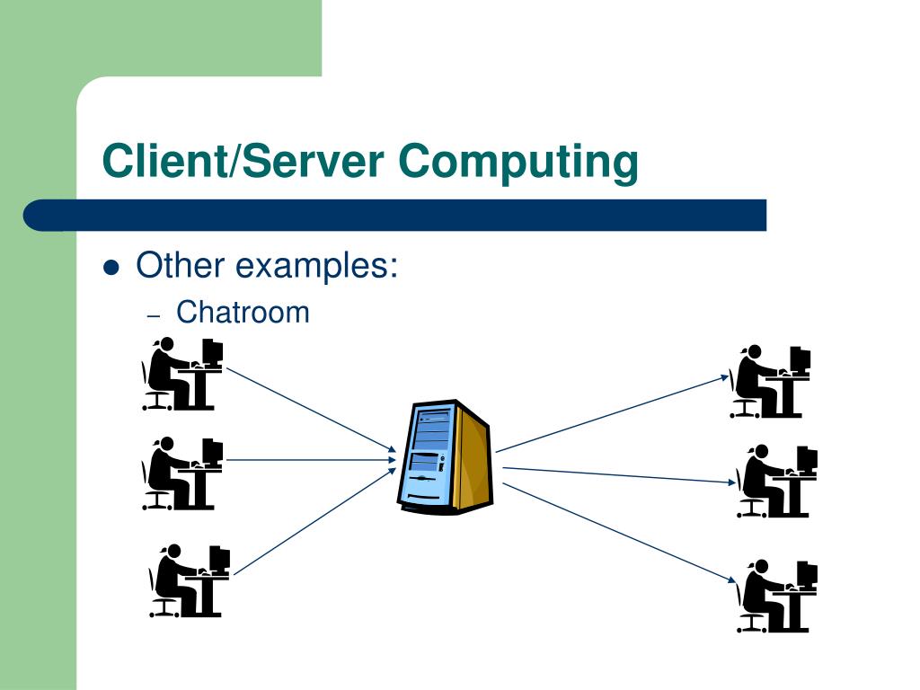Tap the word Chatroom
click(x=243, y=313)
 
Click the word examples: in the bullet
click(x=317, y=266)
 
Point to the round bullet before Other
click(x=111, y=268)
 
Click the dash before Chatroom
click(x=153, y=315)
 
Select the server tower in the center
click(x=445, y=457)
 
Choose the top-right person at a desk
click(x=770, y=382)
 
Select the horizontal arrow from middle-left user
click(x=310, y=460)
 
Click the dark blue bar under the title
click(x=395, y=216)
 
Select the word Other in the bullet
click(x=179, y=266)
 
